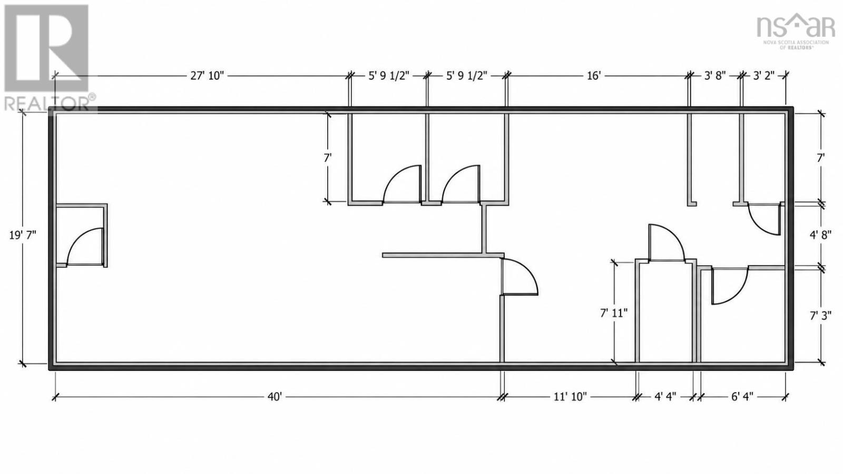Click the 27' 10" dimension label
coord(207,76)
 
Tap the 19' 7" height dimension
coord(23,235)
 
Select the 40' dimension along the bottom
coord(275,397)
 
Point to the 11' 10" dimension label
coord(570,397)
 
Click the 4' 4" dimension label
coord(665,397)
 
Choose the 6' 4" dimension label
coord(742,397)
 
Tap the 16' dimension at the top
coord(593,76)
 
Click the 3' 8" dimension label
coord(714,76)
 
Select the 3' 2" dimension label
coord(763,76)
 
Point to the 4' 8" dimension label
coord(820,235)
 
